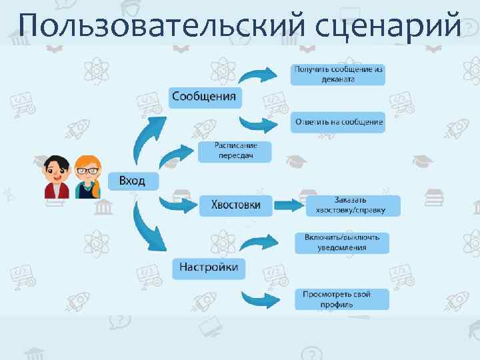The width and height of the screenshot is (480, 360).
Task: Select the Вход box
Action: pos(133,181)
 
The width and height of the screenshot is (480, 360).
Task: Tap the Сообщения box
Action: pos(204,97)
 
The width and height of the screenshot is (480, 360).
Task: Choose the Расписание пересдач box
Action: pos(235,151)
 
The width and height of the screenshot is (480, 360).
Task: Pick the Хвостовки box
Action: pos(236,205)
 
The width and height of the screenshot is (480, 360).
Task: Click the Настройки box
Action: pos(209,268)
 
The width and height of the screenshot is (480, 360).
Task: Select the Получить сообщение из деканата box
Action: pos(337,74)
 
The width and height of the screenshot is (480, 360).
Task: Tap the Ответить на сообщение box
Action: pos(337,122)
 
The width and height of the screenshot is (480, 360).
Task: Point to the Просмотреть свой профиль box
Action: pos(342,299)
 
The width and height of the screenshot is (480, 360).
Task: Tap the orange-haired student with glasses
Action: pos(87,177)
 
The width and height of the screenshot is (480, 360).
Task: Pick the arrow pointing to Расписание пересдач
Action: pos(176,155)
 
